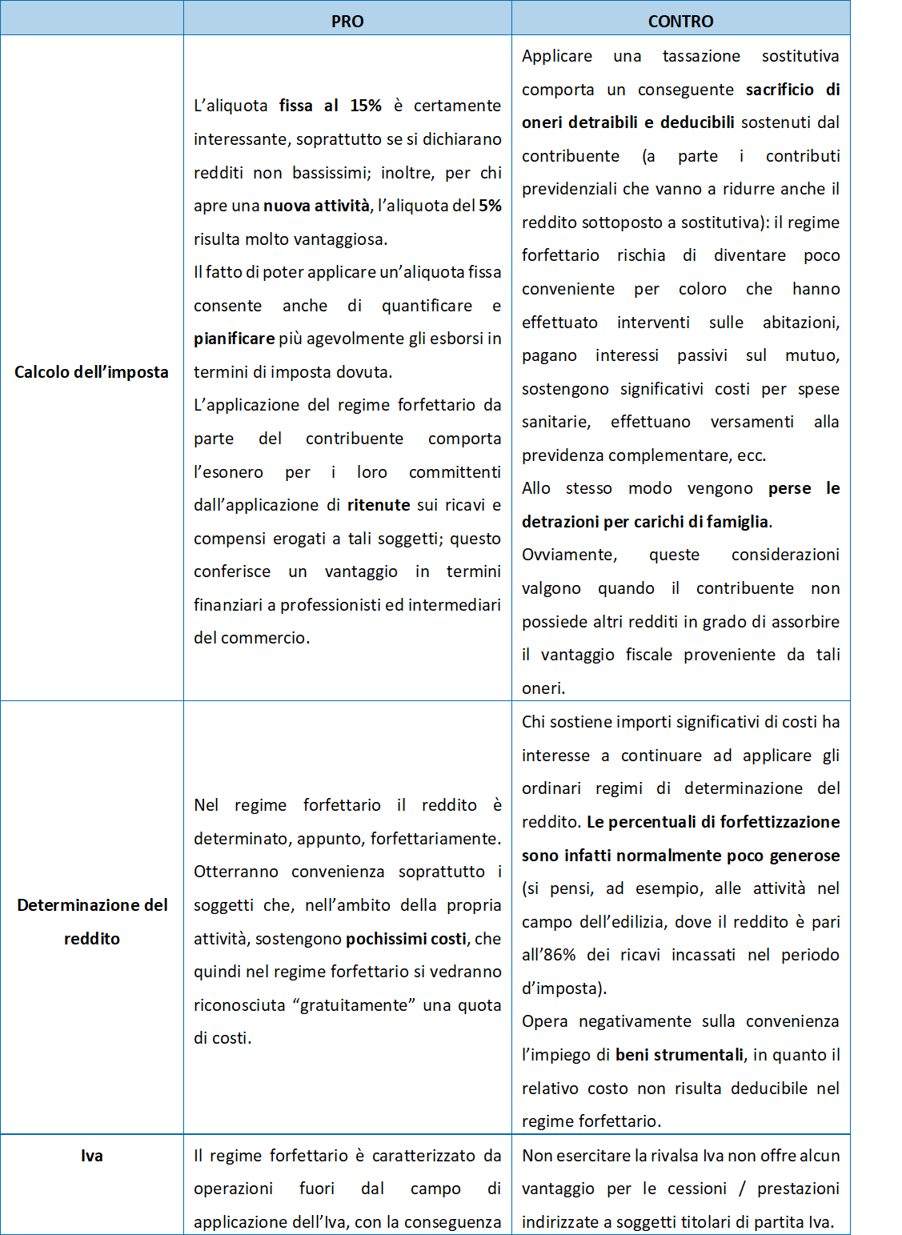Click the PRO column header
tap(347, 21)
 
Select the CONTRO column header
tap(680, 21)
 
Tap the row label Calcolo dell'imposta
tap(91, 371)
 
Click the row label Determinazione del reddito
tap(92, 921)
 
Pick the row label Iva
tap(92, 1155)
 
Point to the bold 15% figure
tap(366, 106)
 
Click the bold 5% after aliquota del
tap(490, 206)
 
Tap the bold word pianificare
tap(234, 339)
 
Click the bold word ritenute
tap(379, 505)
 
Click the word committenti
tap(455, 472)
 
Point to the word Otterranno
tap(236, 872)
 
